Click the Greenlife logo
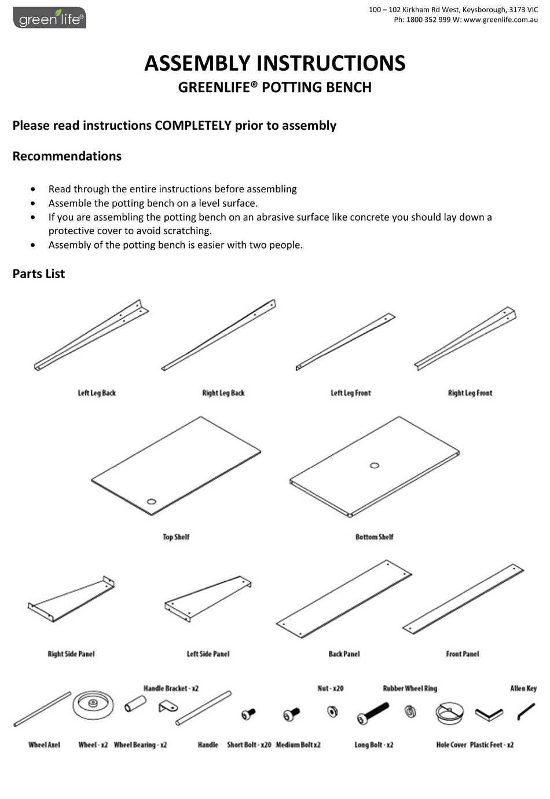point(49,18)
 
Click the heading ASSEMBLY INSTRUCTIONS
point(274,63)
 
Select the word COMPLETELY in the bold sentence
point(193,126)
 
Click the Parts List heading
point(39,274)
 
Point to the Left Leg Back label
point(97,393)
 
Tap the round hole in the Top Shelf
point(152,501)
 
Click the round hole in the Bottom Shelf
point(375,465)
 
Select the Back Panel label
point(344,654)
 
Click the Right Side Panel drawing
point(71,599)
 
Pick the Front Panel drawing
point(463,599)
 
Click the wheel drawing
point(91,704)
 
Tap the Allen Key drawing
point(526,711)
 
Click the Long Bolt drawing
point(373,713)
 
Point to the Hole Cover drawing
point(449,713)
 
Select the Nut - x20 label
point(330,688)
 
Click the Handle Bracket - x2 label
point(171,688)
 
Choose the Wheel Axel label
point(44,745)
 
